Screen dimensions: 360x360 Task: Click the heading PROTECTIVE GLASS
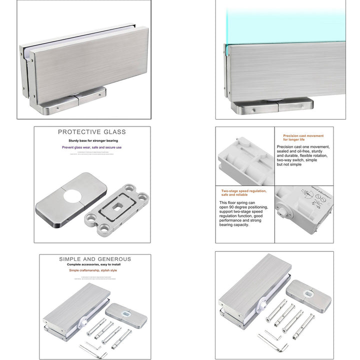[x=92, y=132]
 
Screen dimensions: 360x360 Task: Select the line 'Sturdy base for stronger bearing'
[x=92, y=141]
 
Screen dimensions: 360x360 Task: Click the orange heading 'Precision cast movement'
[x=303, y=135]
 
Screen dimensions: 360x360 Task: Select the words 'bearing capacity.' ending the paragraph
[x=234, y=225]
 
